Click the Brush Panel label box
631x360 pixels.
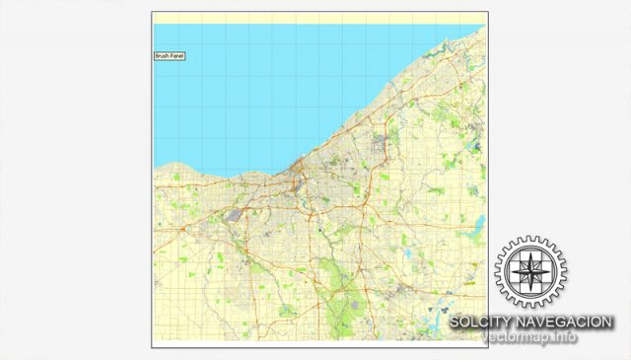tap(170, 56)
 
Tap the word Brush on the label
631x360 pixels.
tap(163, 56)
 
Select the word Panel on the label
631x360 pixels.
tap(177, 56)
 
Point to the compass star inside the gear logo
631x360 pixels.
tap(530, 272)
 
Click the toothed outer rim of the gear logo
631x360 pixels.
tap(530, 241)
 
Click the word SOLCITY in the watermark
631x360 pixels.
tap(479, 323)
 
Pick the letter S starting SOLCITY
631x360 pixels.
tap(455, 323)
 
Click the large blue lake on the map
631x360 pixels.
tap(266, 89)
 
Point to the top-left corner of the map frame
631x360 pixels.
tap(152, 13)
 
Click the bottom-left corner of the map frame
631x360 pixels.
tap(152, 346)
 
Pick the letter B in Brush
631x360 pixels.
tap(158, 56)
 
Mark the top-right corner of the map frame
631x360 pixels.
tap(486, 13)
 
